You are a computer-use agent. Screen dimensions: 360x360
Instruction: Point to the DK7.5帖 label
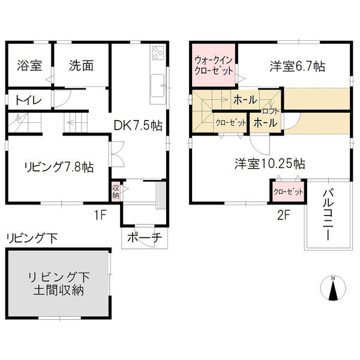[138, 126]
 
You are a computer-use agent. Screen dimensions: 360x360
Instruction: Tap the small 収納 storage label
[115, 191]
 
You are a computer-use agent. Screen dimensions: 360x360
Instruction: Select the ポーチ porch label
[145, 238]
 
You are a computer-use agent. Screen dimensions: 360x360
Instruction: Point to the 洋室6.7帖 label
[296, 67]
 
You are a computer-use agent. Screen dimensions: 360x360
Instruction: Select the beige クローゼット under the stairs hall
[231, 122]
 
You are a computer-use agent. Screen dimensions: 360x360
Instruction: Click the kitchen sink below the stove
[158, 83]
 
